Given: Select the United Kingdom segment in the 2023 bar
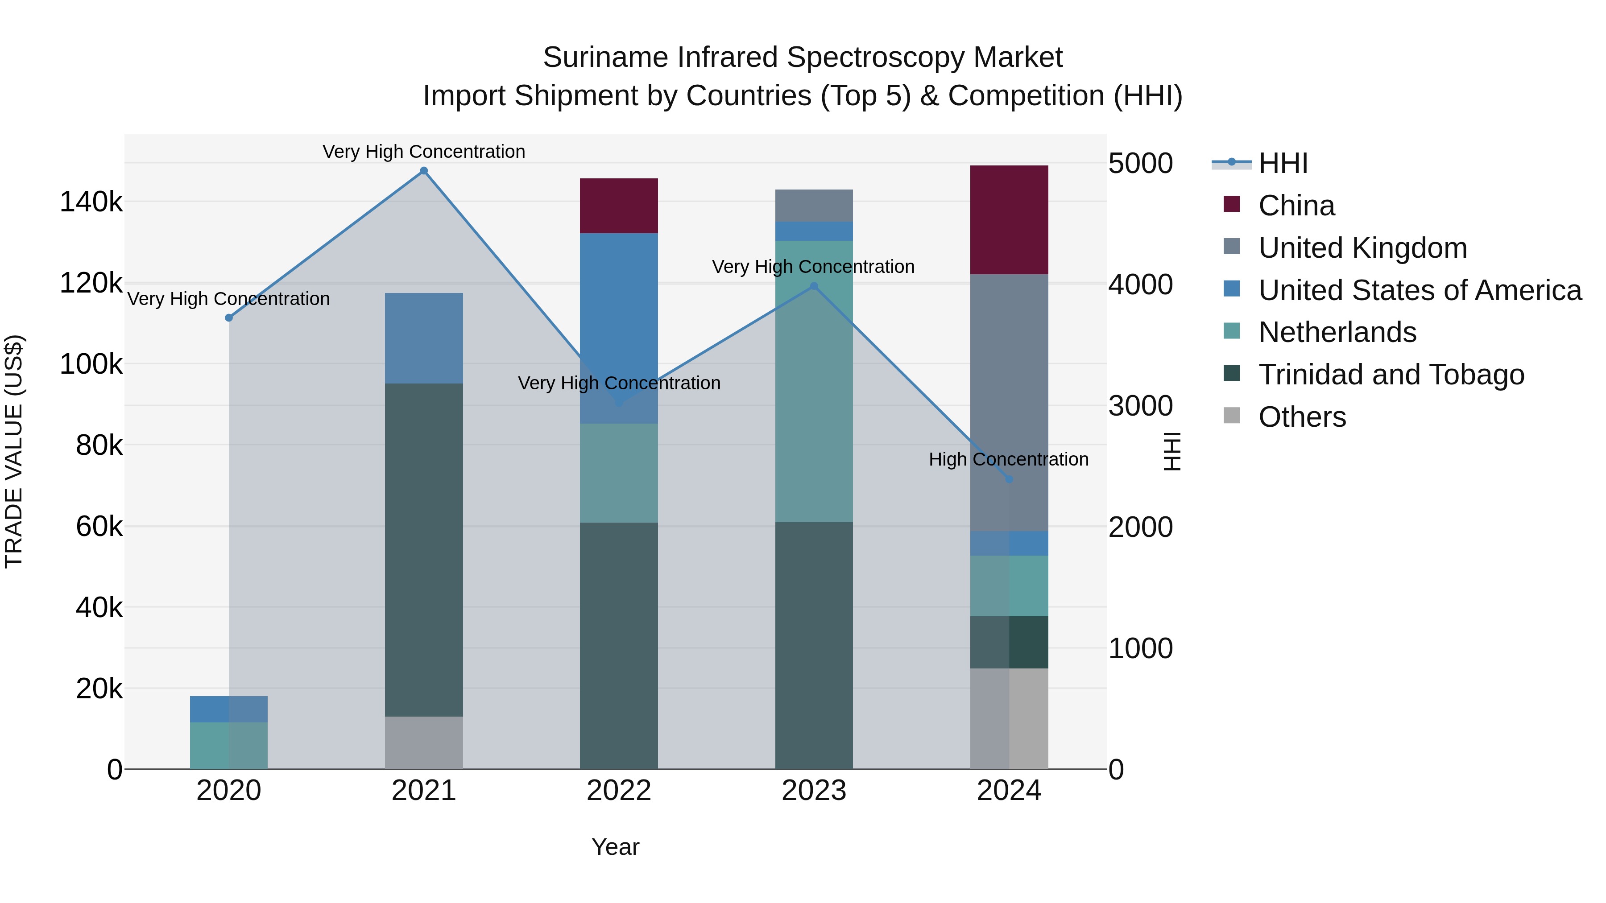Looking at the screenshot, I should tap(814, 205).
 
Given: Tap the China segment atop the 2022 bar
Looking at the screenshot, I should tap(618, 206).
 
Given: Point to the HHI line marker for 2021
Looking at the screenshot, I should tap(423, 171).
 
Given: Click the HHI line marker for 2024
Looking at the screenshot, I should tap(1010, 479).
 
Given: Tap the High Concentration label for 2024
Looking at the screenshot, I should tap(1008, 459).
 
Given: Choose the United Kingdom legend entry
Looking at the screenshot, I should tap(1362, 248).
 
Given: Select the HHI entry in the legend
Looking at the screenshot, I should tap(1283, 163).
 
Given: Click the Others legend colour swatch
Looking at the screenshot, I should tap(1231, 416).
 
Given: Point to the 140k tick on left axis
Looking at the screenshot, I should tap(91, 202).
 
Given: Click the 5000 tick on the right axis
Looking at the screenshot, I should tap(1140, 164).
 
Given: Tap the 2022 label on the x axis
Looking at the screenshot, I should tap(618, 791).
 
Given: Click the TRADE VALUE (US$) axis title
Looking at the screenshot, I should tap(14, 451).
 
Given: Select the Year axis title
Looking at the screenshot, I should tap(615, 847).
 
